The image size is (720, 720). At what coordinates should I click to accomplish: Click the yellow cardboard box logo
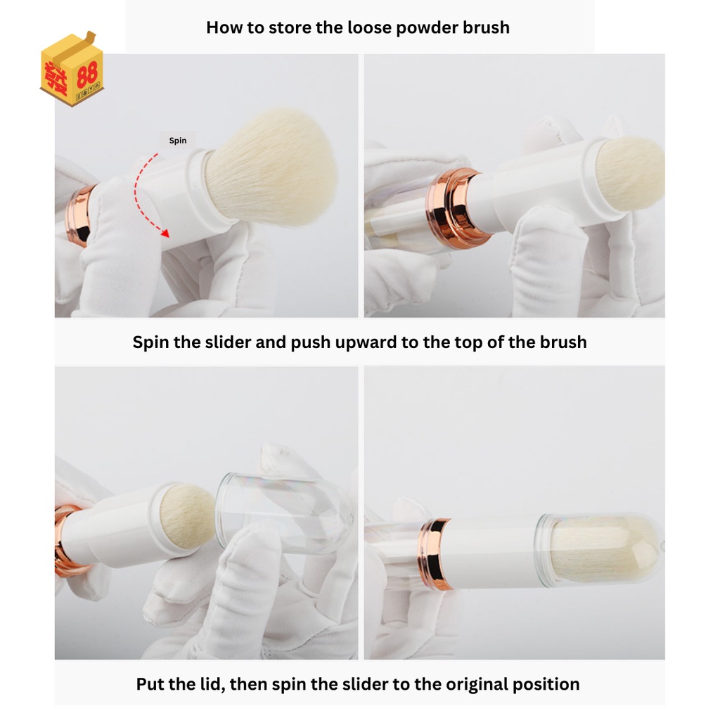click(72, 69)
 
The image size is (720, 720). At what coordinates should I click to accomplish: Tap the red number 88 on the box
click(87, 75)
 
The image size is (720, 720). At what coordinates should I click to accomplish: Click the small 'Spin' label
click(178, 141)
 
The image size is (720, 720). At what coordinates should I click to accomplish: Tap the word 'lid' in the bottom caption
click(212, 684)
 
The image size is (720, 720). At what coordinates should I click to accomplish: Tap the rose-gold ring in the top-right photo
click(455, 207)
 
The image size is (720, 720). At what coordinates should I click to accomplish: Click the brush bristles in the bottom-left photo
click(188, 517)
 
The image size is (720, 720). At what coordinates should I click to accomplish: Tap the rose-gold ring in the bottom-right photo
click(435, 553)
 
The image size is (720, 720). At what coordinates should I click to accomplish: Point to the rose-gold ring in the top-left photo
click(78, 215)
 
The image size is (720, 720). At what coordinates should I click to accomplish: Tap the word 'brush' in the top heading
click(487, 27)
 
